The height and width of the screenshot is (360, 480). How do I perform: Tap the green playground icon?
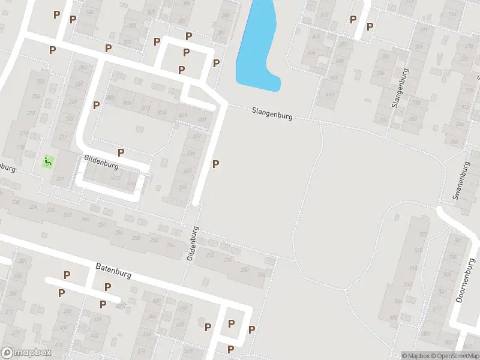(47, 161)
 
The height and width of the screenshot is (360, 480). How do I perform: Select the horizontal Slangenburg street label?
(272, 113)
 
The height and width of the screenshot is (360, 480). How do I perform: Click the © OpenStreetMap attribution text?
(455, 356)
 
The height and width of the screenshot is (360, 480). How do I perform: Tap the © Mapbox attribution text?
(416, 356)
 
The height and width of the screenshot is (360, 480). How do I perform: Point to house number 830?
(188, 171)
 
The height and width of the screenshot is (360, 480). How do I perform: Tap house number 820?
(202, 120)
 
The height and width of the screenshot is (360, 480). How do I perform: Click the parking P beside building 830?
(215, 164)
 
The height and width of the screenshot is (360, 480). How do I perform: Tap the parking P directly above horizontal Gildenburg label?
(121, 152)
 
